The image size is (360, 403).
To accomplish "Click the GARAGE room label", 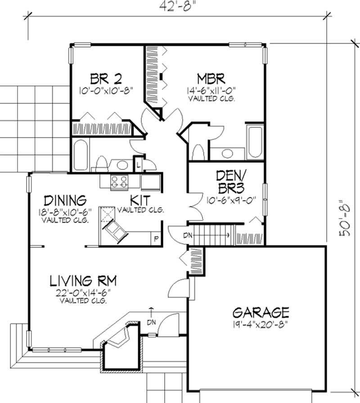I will [260, 312].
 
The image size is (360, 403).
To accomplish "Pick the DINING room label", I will [65, 200].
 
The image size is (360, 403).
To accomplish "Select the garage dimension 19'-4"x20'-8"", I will [260, 323].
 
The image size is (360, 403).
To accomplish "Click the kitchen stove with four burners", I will [119, 182].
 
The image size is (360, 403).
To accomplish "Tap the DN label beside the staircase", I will [188, 235].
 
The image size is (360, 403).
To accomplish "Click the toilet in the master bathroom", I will [197, 151].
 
